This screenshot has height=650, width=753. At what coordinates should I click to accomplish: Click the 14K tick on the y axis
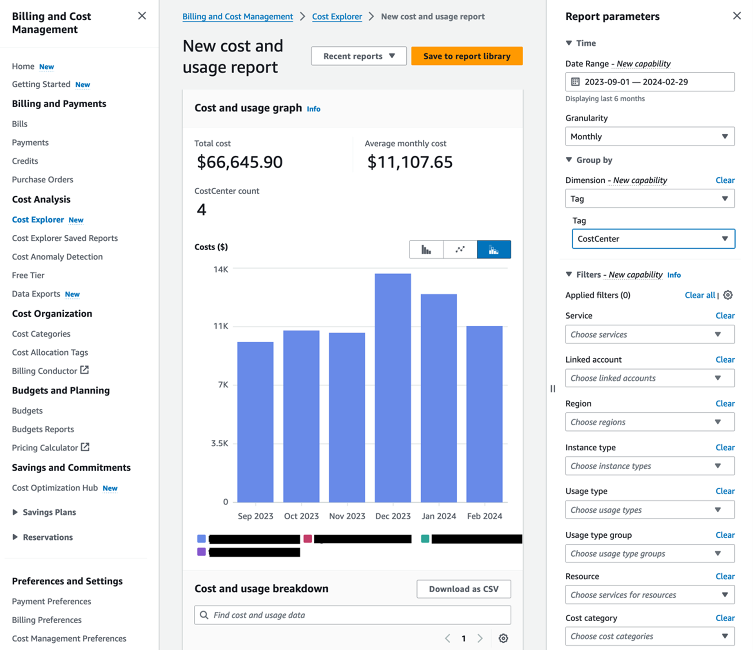[221, 269]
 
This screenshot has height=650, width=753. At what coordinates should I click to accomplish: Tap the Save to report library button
[467, 56]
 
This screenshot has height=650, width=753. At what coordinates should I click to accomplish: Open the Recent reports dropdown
[358, 56]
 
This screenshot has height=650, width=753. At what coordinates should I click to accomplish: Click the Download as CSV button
[463, 589]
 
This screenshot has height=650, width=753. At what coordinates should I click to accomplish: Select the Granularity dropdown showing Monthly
[650, 136]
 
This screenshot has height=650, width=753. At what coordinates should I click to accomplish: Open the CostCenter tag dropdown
[653, 239]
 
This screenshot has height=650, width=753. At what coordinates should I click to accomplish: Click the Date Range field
[650, 82]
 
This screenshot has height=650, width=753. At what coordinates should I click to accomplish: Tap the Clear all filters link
[700, 295]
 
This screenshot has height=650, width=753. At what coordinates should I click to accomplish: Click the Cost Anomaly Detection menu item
[57, 256]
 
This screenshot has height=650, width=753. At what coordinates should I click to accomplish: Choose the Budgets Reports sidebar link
[43, 429]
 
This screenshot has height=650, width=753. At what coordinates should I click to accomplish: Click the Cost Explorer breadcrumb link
[337, 17]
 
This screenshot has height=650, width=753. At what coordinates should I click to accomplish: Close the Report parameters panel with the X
[737, 16]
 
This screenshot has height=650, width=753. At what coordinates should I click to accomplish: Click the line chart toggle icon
[460, 249]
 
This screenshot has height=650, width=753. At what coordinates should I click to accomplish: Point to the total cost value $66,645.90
[239, 162]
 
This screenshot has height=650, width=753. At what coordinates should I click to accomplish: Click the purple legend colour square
[201, 552]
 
